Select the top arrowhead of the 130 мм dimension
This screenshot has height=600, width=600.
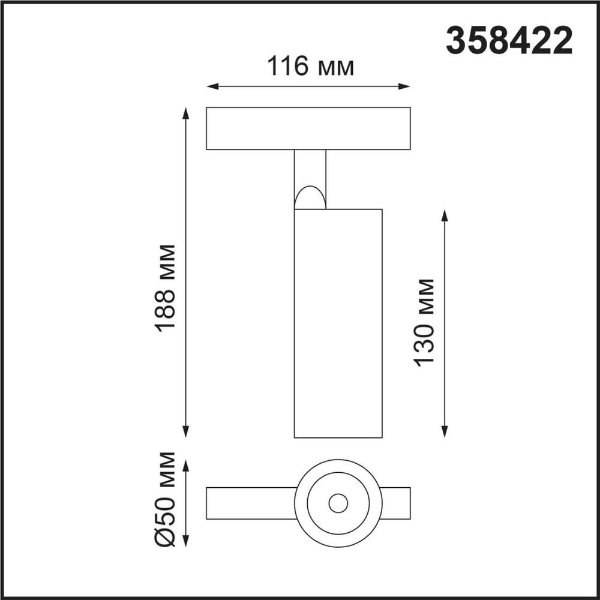coord(445,214)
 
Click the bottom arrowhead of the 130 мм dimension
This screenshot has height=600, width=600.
coord(445,432)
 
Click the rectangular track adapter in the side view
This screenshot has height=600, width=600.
coord(308,128)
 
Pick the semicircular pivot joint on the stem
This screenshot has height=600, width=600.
coord(309,198)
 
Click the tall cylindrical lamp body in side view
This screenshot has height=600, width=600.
coord(338,324)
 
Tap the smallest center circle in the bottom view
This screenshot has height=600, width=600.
coord(338,503)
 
